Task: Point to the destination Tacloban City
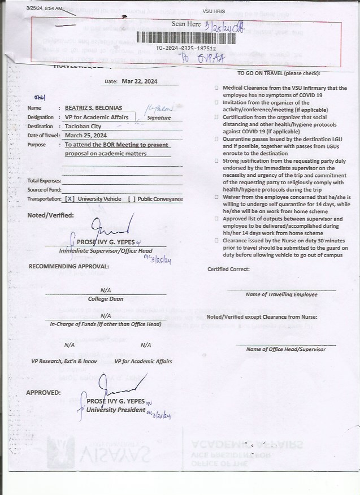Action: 83,126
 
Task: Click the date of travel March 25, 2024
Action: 86,136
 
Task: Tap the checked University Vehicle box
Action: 70,199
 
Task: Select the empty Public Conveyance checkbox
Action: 132,199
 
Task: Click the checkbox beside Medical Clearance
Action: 216,89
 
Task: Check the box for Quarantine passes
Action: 216,139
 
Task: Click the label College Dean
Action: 105,299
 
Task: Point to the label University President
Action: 116,410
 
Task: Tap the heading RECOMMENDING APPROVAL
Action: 69,266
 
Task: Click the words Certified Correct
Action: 228,269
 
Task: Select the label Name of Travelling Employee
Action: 281,294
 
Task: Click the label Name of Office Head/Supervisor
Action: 285,349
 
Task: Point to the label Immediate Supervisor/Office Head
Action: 106,250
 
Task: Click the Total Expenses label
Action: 44,180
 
